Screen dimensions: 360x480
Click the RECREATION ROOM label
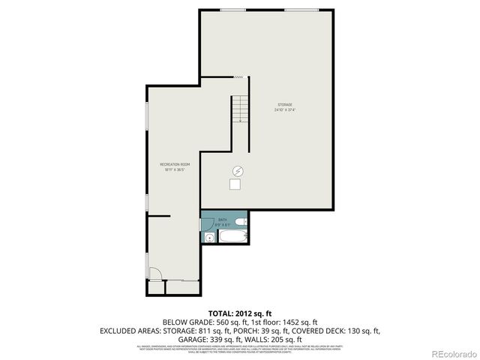[x=175, y=164]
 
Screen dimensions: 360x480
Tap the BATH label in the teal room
[x=222, y=220]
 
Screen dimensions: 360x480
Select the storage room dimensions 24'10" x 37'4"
[x=285, y=110]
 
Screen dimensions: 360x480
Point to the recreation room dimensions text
[x=175, y=169]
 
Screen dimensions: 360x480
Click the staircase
[x=238, y=109]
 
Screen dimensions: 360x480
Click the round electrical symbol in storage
[x=238, y=170]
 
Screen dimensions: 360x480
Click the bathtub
[x=230, y=238]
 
